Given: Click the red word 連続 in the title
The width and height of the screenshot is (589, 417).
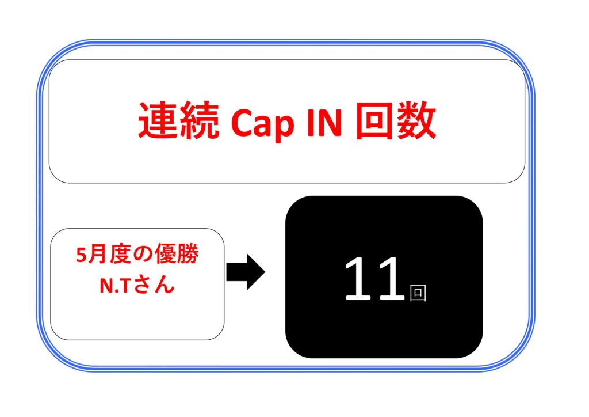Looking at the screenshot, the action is tap(178, 121).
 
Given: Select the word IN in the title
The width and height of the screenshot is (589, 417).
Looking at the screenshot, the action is tap(324, 122).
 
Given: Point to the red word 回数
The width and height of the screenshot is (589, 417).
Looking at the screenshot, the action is tap(396, 121).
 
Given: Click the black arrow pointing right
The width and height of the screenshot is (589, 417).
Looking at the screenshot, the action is tap(246, 272).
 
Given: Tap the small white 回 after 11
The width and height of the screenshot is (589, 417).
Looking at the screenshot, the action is tap(418, 293).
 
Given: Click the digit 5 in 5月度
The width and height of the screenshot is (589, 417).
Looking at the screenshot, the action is tap(82, 255).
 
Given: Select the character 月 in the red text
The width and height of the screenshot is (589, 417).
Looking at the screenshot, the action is tap(97, 255).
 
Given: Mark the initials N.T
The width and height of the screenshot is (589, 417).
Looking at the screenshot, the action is tap(115, 286).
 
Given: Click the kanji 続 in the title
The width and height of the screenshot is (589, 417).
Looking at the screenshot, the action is tap(200, 121).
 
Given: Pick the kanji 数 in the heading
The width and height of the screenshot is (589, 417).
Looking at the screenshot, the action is tap(416, 121).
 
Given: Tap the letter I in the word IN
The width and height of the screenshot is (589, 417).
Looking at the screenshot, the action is tap(310, 122).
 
